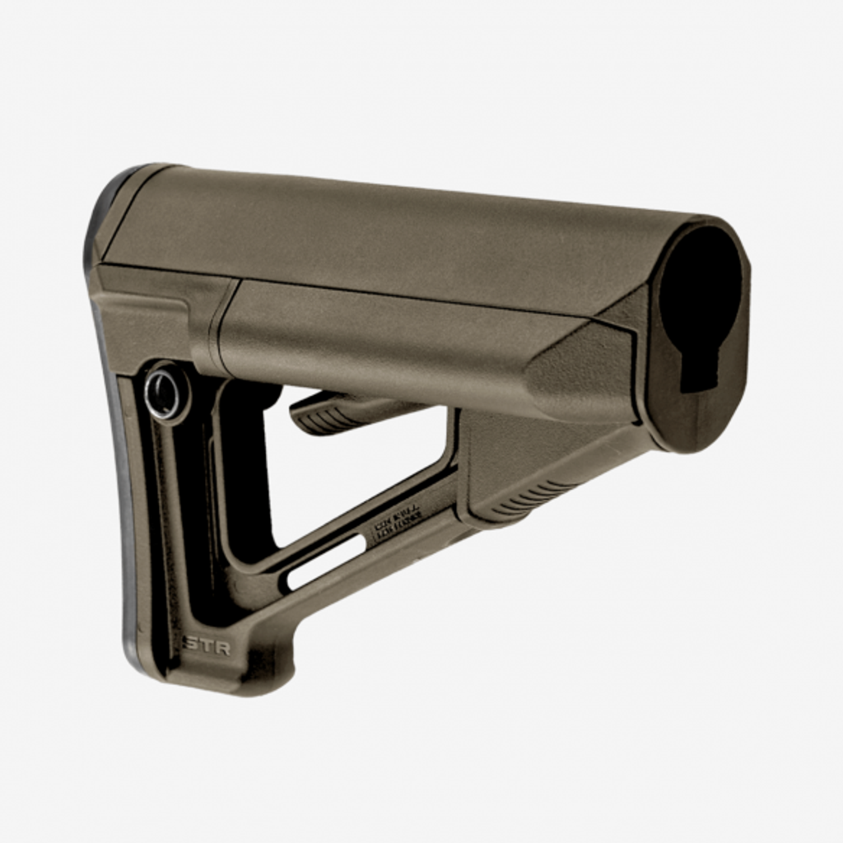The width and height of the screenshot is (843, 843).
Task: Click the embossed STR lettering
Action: tap(207, 644)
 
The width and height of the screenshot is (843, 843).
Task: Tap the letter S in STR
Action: tap(190, 644)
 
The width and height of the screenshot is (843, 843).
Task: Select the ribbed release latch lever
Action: tap(329, 412)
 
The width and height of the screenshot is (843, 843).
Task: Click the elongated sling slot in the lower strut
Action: tap(325, 561)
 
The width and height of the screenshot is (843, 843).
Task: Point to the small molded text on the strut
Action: tap(398, 524)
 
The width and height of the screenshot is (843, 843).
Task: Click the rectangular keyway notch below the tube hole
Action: tap(699, 370)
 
